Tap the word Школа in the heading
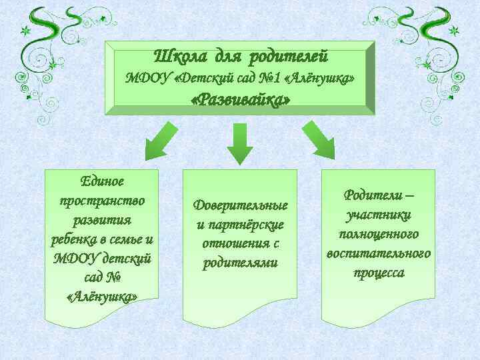178,55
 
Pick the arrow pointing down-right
319,141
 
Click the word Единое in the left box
102,181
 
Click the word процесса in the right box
378,273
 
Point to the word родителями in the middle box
240,263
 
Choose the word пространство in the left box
102,200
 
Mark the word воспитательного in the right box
378,253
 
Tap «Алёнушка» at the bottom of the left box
102,297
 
